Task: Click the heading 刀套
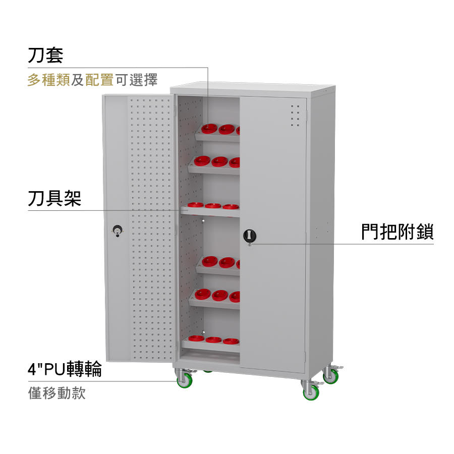point(45,55)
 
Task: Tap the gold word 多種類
point(49,80)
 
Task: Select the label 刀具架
point(54,198)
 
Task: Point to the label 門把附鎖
point(398,232)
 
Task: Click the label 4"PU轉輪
point(65,369)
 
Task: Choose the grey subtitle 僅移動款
point(56,393)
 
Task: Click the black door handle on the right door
point(250,236)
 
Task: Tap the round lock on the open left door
point(117,230)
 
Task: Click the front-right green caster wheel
point(311,392)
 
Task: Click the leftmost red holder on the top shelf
point(209,129)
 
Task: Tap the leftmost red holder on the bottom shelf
point(196,338)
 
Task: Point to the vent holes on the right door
point(295,116)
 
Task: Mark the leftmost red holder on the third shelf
point(195,205)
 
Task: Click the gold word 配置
point(99,80)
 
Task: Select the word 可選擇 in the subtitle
point(136,80)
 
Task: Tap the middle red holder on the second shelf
point(219,161)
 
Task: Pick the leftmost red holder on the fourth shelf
point(210,261)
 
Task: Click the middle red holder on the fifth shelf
point(220,295)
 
